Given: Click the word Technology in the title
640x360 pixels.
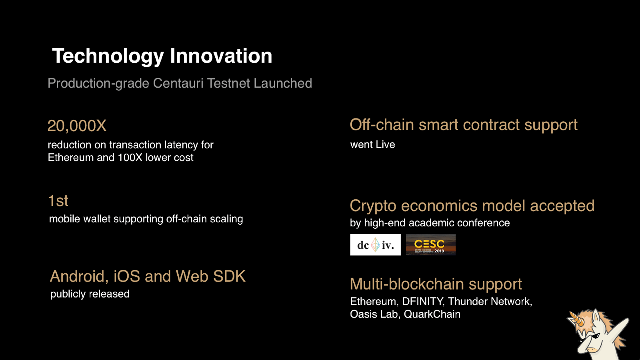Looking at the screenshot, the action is [x=108, y=56].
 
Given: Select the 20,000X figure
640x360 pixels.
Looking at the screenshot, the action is [x=77, y=126].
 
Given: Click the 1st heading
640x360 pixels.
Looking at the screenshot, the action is [x=58, y=200].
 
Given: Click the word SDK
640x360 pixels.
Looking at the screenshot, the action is [x=229, y=276].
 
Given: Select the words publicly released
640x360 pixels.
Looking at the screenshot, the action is [x=90, y=294].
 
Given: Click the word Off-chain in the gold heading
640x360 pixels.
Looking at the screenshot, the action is [x=382, y=125].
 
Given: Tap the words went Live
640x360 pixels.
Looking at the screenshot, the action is [x=372, y=144].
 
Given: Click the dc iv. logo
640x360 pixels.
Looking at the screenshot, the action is [x=376, y=245].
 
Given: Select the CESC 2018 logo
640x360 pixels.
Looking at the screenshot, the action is [x=431, y=245].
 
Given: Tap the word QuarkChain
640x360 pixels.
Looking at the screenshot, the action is [x=432, y=314].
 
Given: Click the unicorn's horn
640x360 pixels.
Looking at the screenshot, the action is [x=576, y=318].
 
